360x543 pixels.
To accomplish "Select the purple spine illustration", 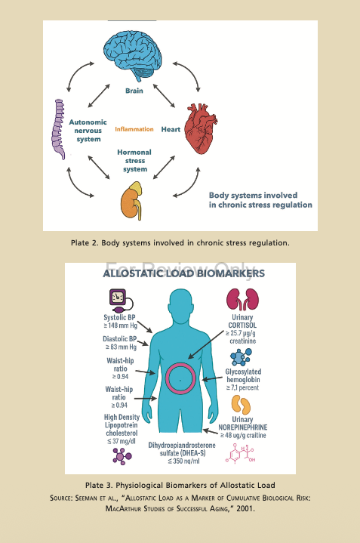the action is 59,129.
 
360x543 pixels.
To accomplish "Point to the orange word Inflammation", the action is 134,129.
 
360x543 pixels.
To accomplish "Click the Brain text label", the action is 134,91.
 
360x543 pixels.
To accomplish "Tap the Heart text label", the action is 171,129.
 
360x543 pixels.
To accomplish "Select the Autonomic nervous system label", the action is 88,131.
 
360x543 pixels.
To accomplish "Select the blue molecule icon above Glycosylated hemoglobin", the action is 241,357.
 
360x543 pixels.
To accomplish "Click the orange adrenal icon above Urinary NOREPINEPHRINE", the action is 241,406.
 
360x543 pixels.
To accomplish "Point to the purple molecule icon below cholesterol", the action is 122,456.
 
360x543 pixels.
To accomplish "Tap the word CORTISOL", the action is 242,325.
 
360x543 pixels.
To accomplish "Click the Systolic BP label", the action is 119,317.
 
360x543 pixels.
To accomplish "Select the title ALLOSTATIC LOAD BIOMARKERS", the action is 184,273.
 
